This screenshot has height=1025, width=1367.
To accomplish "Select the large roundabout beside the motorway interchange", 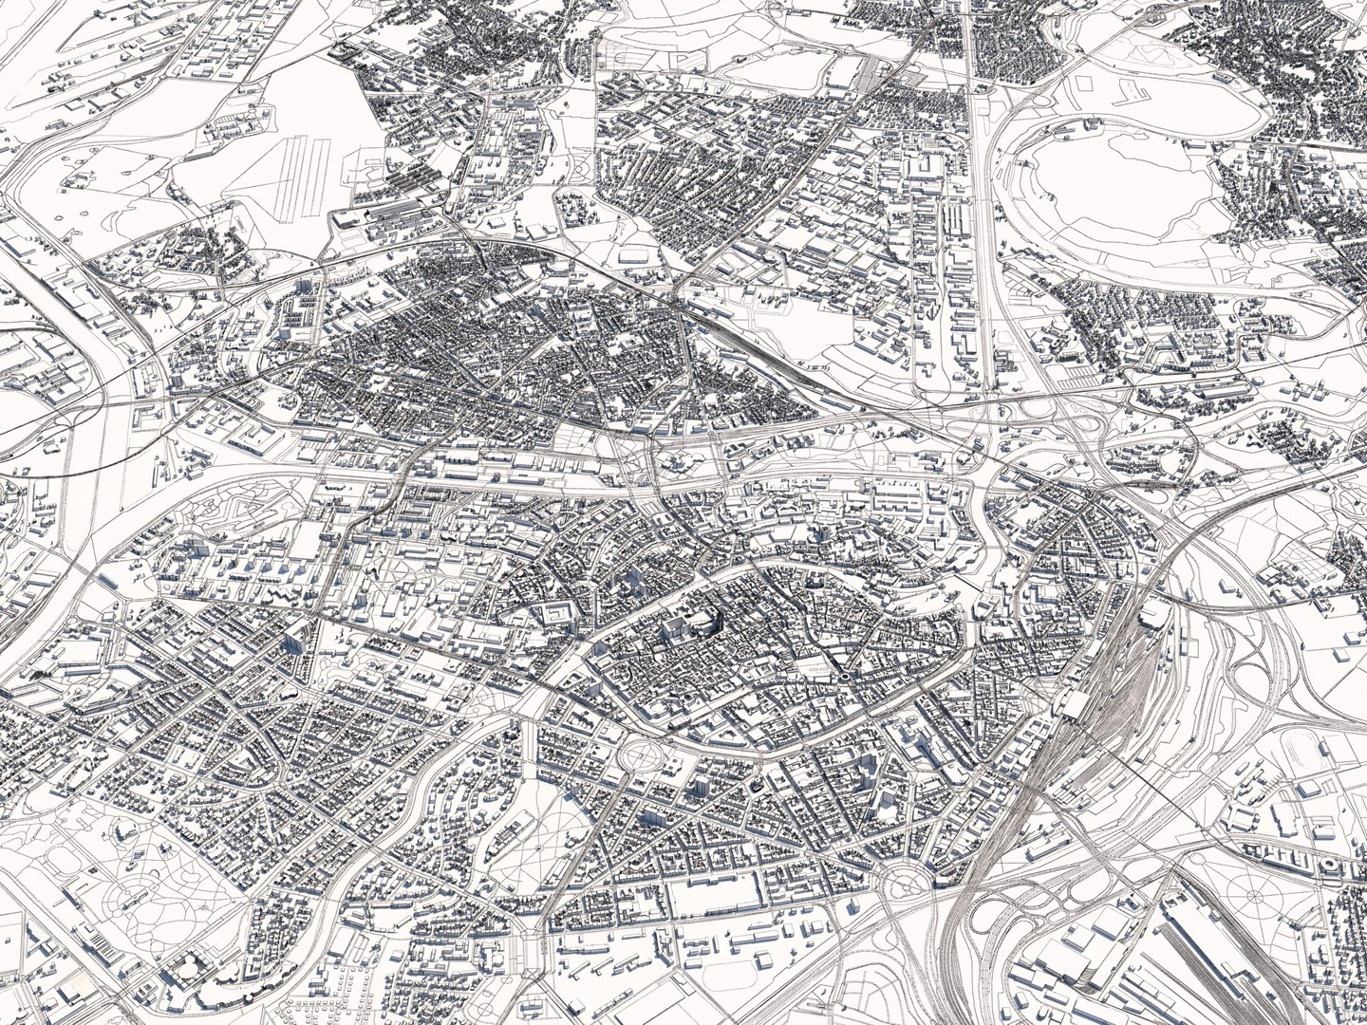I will point(905,884).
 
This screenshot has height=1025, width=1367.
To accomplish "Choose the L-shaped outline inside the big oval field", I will point(1129,91).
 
